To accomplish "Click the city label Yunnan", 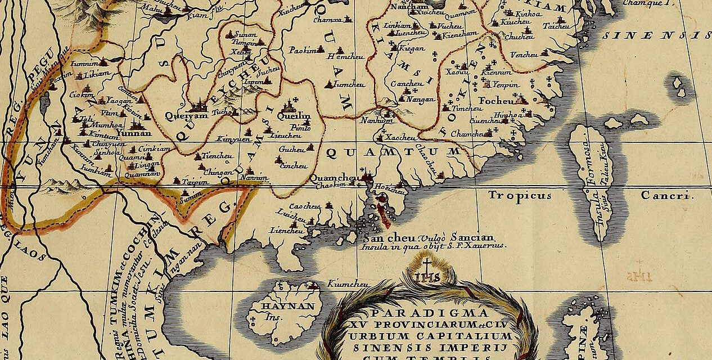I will [135, 133].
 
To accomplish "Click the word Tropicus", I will [519, 196].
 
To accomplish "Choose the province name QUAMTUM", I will [394, 152].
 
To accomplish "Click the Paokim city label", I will [303, 50].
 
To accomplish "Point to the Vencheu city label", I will [524, 54].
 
